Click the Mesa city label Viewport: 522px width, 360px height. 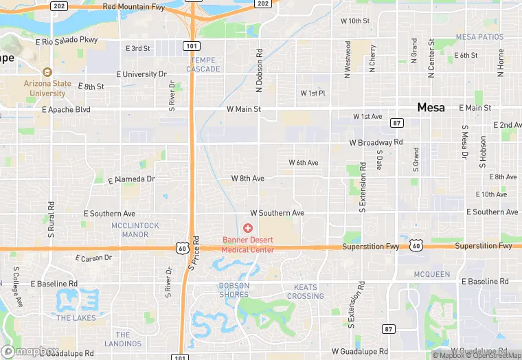(431, 107)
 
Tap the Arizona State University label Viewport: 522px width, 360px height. (47, 88)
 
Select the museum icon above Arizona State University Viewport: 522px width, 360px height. (47, 72)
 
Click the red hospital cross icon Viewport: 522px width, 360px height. (248, 227)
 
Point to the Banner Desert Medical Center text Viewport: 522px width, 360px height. (248, 245)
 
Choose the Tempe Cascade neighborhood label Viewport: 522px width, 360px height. (204, 65)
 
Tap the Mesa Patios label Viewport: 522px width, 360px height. (479, 37)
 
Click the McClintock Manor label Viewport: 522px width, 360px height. (135, 230)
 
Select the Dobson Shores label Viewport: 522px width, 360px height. (234, 290)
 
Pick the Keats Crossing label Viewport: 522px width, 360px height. (305, 292)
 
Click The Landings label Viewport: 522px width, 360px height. (123, 339)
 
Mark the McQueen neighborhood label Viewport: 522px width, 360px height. (432, 274)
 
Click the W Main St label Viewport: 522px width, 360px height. (244, 109)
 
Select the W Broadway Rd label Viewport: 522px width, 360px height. (376, 143)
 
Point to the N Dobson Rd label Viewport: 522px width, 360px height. (260, 70)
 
